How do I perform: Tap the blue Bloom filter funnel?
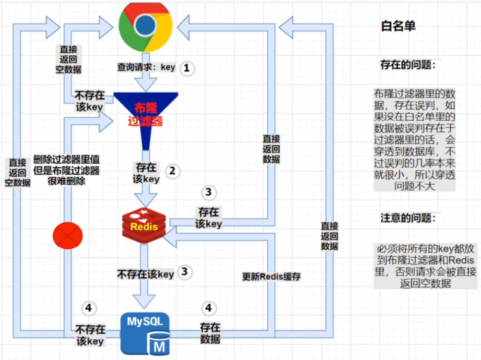pyautogui.click(x=146, y=113)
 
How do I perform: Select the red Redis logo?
pyautogui.click(x=144, y=225)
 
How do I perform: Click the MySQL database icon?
pyautogui.click(x=145, y=334)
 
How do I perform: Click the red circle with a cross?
pyautogui.click(x=68, y=236)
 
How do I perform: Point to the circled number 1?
pyautogui.click(x=187, y=68)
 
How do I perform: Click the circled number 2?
pyautogui.click(x=172, y=171)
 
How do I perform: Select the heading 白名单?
pyautogui.click(x=398, y=26)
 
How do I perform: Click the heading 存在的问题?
pyautogui.click(x=407, y=65)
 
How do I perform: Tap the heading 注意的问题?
pyautogui.click(x=407, y=218)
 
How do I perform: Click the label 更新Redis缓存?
pyautogui.click(x=271, y=277)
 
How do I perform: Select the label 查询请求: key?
pyautogui.click(x=146, y=67)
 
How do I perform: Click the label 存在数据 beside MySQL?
pyautogui.click(x=210, y=333)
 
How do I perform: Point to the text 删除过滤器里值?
pyautogui.click(x=66, y=159)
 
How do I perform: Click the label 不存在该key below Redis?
pyautogui.click(x=145, y=274)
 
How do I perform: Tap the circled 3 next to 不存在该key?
pyautogui.click(x=184, y=272)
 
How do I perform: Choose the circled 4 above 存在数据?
pyautogui.click(x=208, y=308)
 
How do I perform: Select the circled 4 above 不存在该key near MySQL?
pyautogui.click(x=89, y=308)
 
